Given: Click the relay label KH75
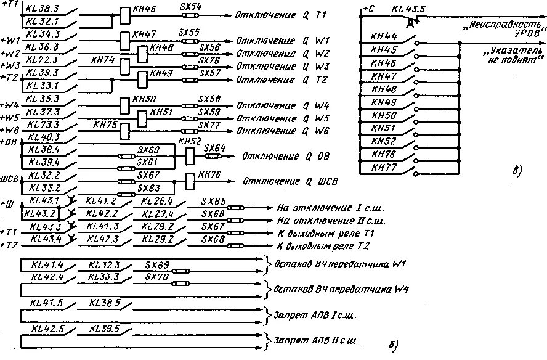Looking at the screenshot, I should (105, 125).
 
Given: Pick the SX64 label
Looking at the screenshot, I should (214, 148).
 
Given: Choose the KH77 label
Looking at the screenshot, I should (384, 167).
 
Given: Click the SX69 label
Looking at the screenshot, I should (157, 264).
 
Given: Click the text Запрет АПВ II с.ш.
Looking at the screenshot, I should (317, 340).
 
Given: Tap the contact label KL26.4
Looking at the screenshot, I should (156, 202).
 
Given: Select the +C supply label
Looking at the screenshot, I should (368, 9).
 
